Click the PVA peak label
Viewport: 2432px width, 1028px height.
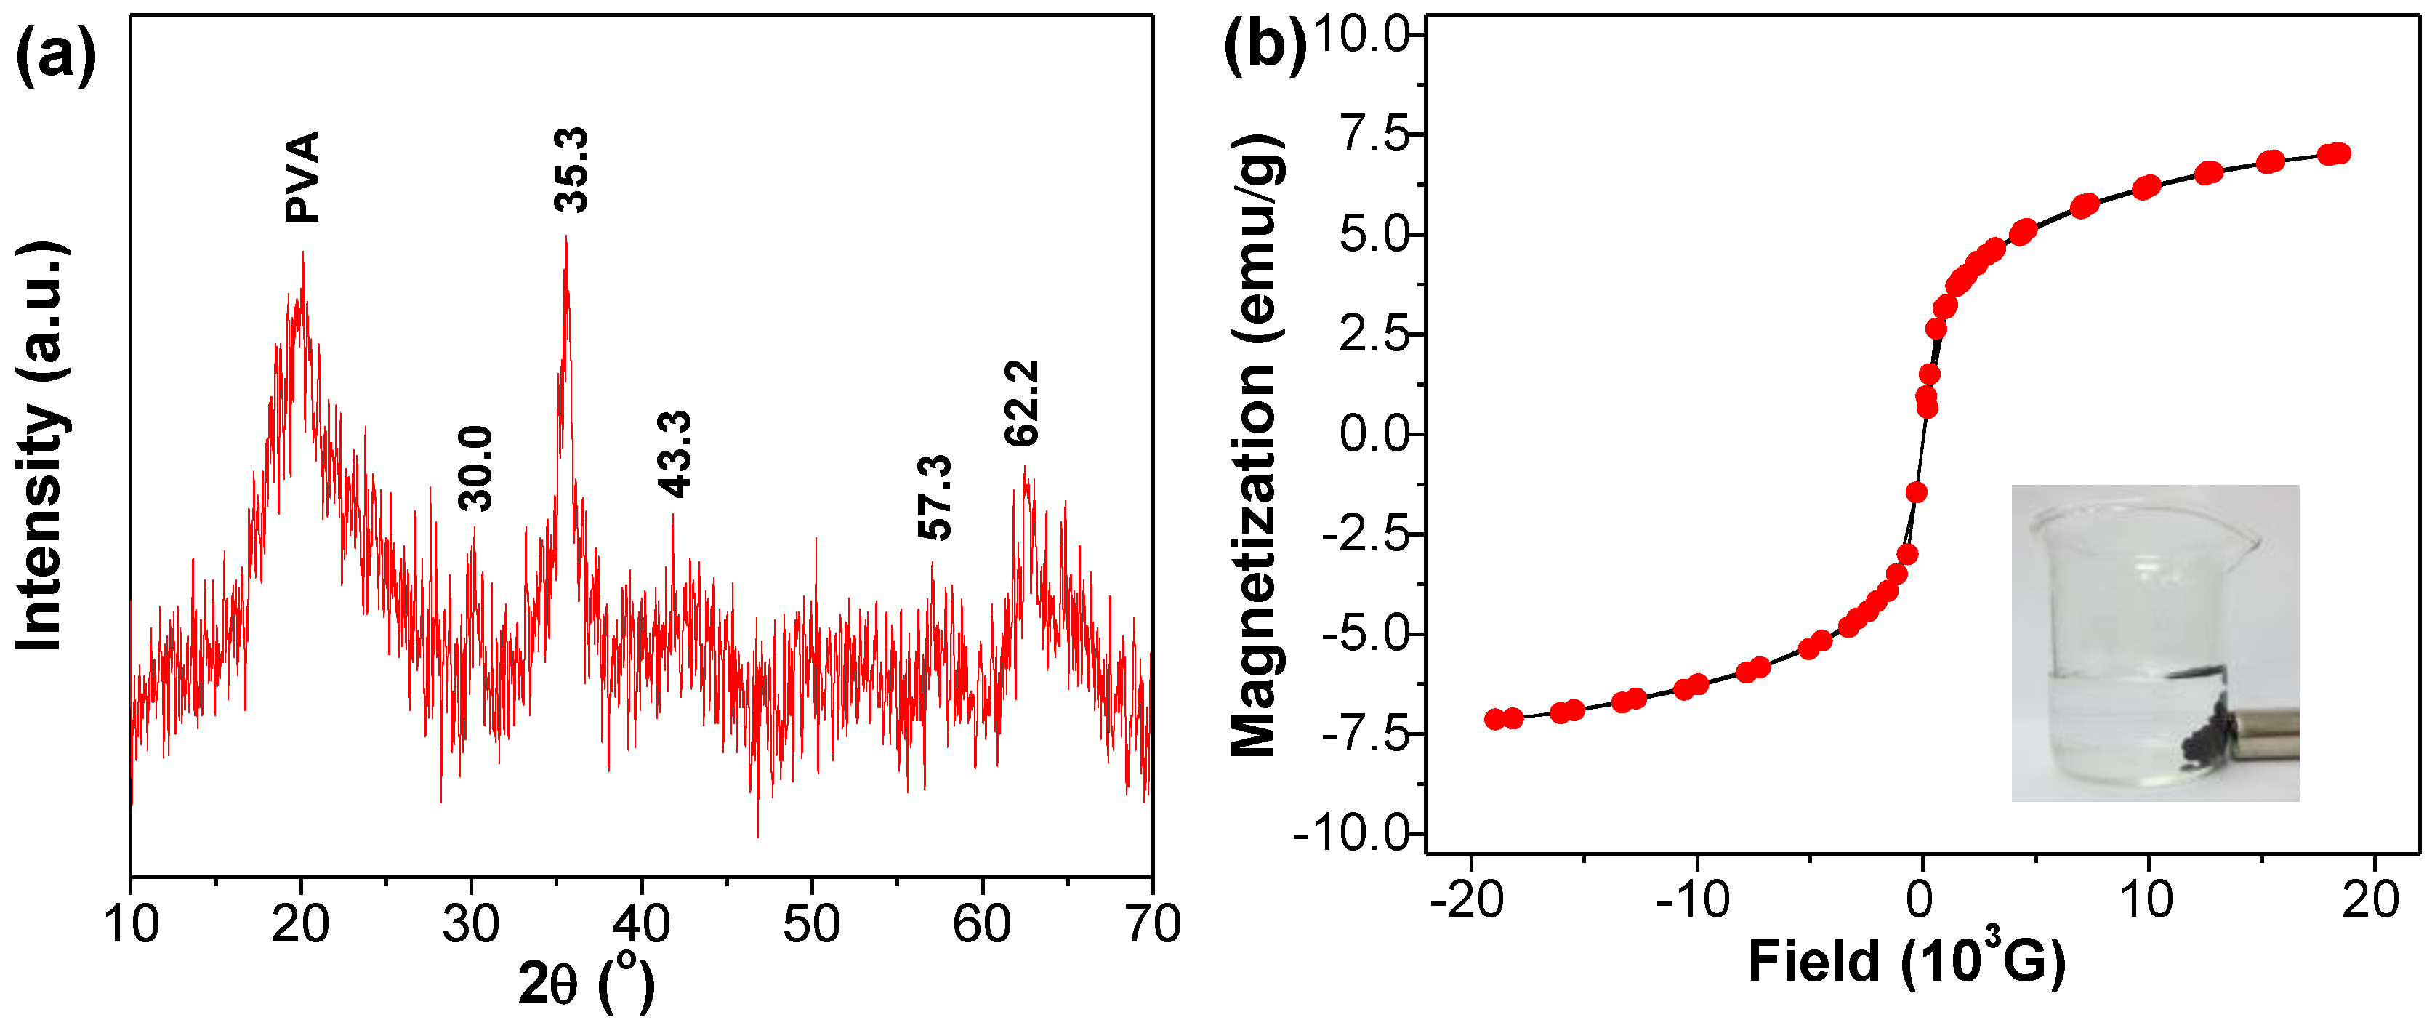(303, 177)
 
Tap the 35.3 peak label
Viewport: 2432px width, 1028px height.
(571, 170)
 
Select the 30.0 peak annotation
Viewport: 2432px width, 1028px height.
(475, 468)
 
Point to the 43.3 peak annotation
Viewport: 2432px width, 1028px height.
(674, 454)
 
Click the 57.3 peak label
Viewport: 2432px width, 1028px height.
(935, 497)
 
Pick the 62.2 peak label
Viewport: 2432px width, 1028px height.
(1021, 403)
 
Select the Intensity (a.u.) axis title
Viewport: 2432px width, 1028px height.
(40, 446)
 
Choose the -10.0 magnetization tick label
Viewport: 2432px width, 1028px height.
(1351, 834)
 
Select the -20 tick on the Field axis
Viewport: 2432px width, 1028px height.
(1468, 899)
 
